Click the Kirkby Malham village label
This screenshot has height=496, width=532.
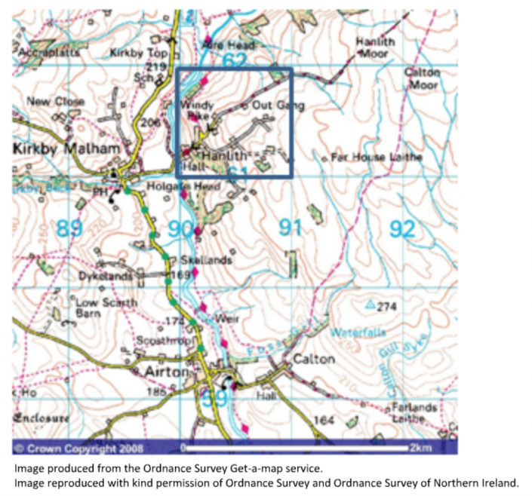66,149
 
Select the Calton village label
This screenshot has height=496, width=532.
313,359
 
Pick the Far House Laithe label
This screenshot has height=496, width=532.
377,158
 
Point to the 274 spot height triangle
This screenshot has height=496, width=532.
371,305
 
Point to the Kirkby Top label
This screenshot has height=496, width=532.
138,54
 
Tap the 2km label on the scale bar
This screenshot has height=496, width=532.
420,448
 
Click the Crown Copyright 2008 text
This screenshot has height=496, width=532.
69,448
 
